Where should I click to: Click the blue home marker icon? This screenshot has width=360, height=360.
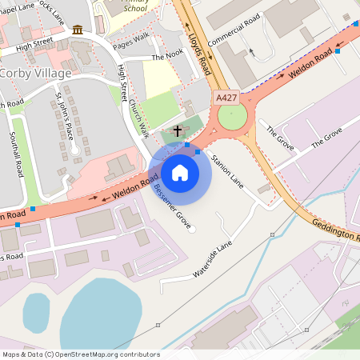coord(180,172)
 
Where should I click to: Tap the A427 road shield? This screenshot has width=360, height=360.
coord(226,97)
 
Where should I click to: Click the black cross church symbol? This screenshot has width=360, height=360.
coord(177,130)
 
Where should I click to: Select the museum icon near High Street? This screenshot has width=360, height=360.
coord(77,30)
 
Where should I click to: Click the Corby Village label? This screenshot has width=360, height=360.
coord(35,73)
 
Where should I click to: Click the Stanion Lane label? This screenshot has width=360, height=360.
coord(226,170)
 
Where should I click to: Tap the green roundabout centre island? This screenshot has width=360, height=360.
coord(233,117)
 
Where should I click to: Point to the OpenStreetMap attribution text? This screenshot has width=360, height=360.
coord(80,354)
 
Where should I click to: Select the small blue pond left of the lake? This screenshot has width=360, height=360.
coord(36,311)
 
